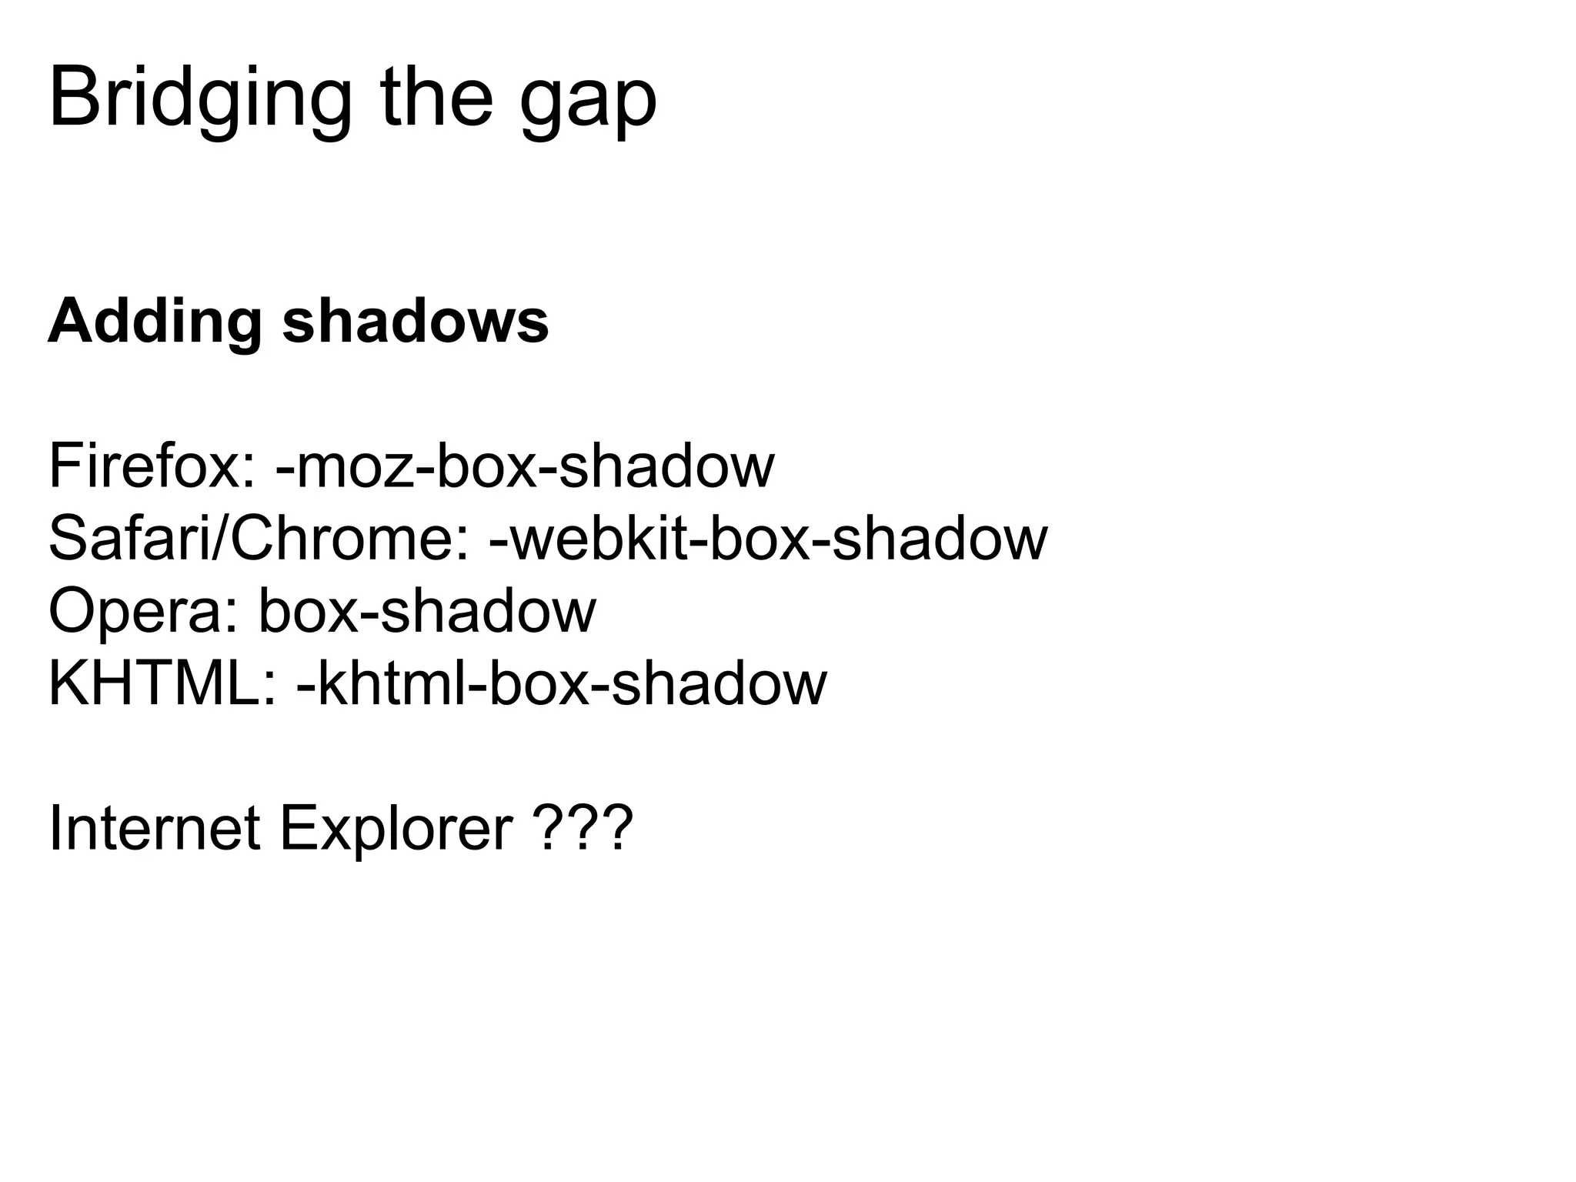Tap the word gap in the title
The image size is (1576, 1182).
[x=589, y=104]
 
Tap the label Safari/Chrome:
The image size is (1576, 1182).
[x=259, y=538]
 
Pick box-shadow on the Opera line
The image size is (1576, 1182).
[x=427, y=610]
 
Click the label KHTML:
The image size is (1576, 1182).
[x=162, y=683]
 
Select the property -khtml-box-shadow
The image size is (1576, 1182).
[x=561, y=683]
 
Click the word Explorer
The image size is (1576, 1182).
[x=396, y=830]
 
